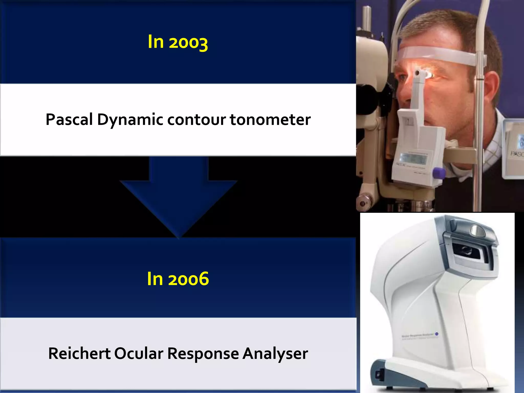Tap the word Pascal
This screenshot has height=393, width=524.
click(x=69, y=119)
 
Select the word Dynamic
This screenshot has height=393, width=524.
click(x=130, y=119)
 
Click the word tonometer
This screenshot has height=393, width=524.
click(x=270, y=119)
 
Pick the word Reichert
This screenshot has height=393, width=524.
click(x=79, y=354)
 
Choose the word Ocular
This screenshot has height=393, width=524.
click(x=139, y=354)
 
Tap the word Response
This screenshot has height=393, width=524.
click(x=203, y=354)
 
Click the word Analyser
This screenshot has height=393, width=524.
click(x=275, y=354)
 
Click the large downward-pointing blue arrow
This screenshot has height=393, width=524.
click(x=179, y=197)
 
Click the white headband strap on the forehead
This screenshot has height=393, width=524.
click(x=435, y=55)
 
